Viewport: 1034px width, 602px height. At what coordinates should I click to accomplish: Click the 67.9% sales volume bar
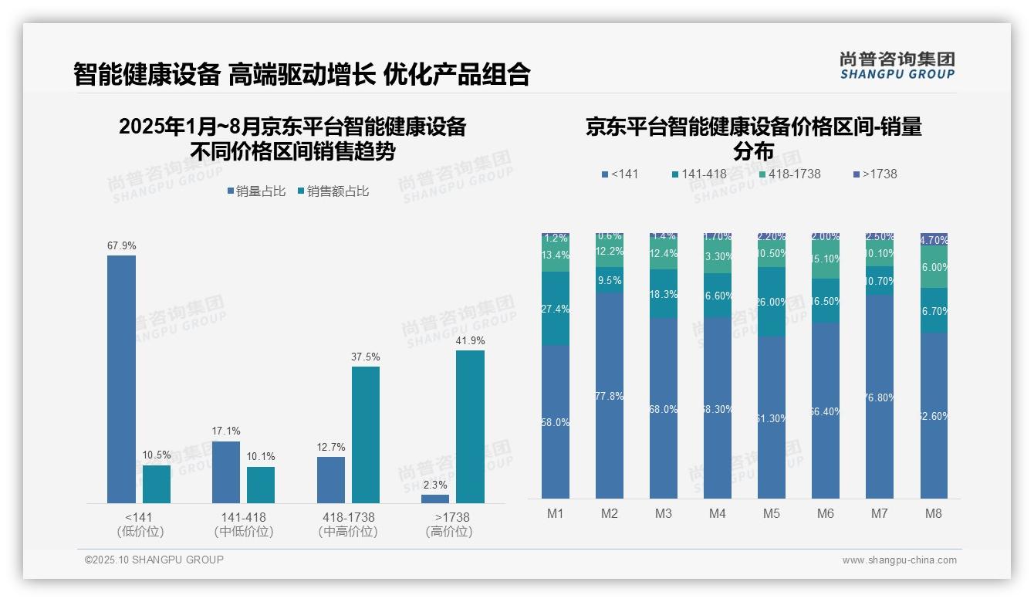[121, 378]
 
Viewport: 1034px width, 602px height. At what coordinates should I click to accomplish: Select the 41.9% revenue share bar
[470, 426]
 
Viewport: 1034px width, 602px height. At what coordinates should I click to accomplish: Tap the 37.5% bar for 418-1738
[366, 434]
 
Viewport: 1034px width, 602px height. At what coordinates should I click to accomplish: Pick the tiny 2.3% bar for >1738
[435, 499]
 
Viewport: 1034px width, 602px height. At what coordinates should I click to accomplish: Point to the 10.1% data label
[262, 456]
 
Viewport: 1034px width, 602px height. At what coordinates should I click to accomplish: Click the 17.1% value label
[226, 431]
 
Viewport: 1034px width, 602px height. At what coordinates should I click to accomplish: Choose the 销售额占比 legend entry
[333, 191]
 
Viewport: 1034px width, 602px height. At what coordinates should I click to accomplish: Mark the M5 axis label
[772, 513]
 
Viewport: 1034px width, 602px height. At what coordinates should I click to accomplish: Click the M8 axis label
[933, 513]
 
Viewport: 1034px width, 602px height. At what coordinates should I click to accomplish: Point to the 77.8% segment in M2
[610, 395]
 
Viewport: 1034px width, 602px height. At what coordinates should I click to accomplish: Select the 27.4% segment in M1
[556, 308]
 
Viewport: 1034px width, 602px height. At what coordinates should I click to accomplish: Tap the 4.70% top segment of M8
[934, 239]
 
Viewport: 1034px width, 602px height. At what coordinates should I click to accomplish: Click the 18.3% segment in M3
[664, 294]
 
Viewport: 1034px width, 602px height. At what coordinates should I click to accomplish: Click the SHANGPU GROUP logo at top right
[897, 66]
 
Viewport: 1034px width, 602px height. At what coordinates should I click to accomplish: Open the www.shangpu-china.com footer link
[899, 560]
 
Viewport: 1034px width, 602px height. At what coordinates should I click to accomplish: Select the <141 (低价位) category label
[140, 524]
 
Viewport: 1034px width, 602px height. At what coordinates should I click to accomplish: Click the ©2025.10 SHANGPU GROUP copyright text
[154, 560]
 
